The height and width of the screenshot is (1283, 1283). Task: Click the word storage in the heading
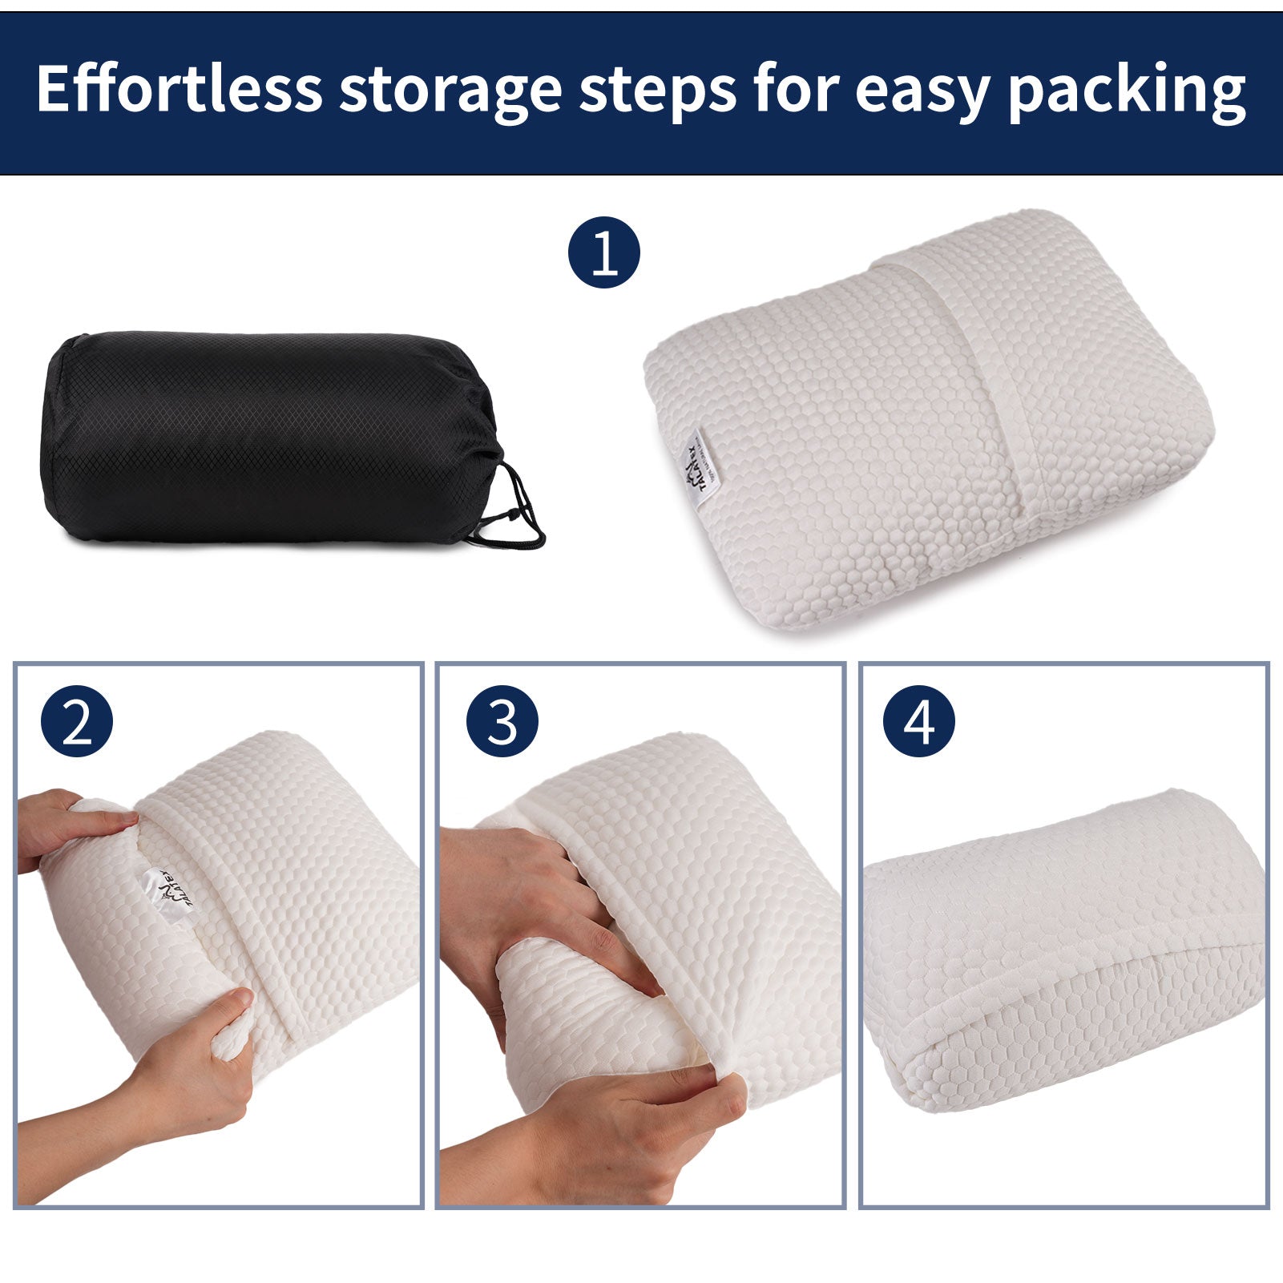pyautogui.click(x=450, y=90)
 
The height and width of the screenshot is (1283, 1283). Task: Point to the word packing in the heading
pyautogui.click(x=1127, y=90)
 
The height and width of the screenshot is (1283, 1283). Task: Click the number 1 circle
pyautogui.click(x=604, y=253)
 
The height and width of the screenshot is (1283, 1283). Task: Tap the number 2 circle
pyautogui.click(x=77, y=720)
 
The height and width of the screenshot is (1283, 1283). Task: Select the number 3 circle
pyautogui.click(x=502, y=720)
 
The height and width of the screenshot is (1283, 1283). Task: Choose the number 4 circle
pyautogui.click(x=918, y=720)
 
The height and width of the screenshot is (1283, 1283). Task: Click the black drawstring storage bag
pyautogui.click(x=264, y=437)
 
